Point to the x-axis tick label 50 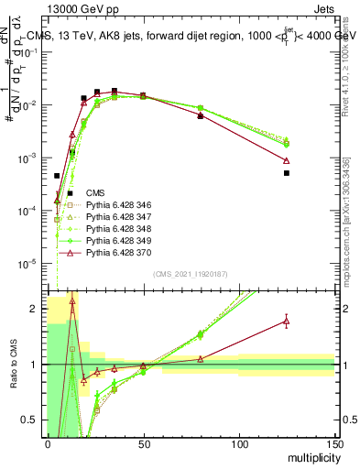tap(143, 443)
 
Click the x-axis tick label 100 tap(239, 443)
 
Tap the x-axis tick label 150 tap(334, 443)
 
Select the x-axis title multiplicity tap(310, 456)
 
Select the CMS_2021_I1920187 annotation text tap(191, 274)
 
